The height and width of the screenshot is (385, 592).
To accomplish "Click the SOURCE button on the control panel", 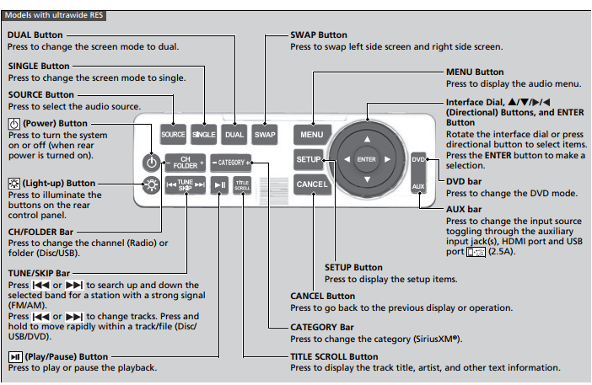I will coord(173,134).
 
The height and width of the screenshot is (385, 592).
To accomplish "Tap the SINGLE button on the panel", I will coord(204,134).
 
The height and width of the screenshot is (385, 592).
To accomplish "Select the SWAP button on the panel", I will coord(265,134).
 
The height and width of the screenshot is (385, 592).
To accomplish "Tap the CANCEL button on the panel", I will coord(309,184).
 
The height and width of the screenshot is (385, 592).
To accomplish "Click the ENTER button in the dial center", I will coord(366,158).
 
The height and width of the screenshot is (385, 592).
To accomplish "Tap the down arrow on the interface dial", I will coord(366,180).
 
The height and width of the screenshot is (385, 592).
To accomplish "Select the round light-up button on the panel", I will coord(150,186).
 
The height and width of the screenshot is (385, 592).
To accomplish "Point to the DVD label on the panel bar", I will coord(418,159).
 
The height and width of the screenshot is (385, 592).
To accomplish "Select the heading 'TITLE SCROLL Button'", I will coord(334,356).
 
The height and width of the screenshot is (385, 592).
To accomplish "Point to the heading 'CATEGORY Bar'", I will coord(321,327).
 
